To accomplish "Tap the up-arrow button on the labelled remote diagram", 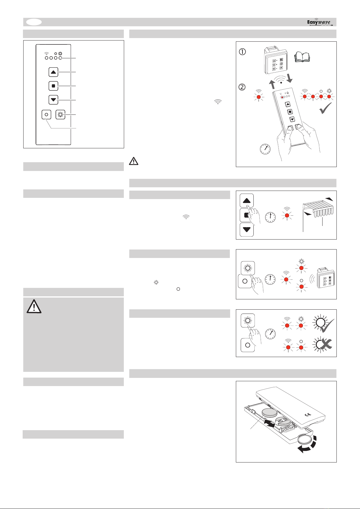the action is tap(53, 72).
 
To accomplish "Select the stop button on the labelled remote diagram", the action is tap(53, 86).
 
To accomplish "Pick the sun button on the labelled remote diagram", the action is tap(61, 115).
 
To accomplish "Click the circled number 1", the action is tap(243, 52).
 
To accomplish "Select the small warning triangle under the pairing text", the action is tap(133, 161).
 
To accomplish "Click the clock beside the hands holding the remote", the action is tap(265, 149).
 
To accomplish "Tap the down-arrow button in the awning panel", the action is tap(246, 230).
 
